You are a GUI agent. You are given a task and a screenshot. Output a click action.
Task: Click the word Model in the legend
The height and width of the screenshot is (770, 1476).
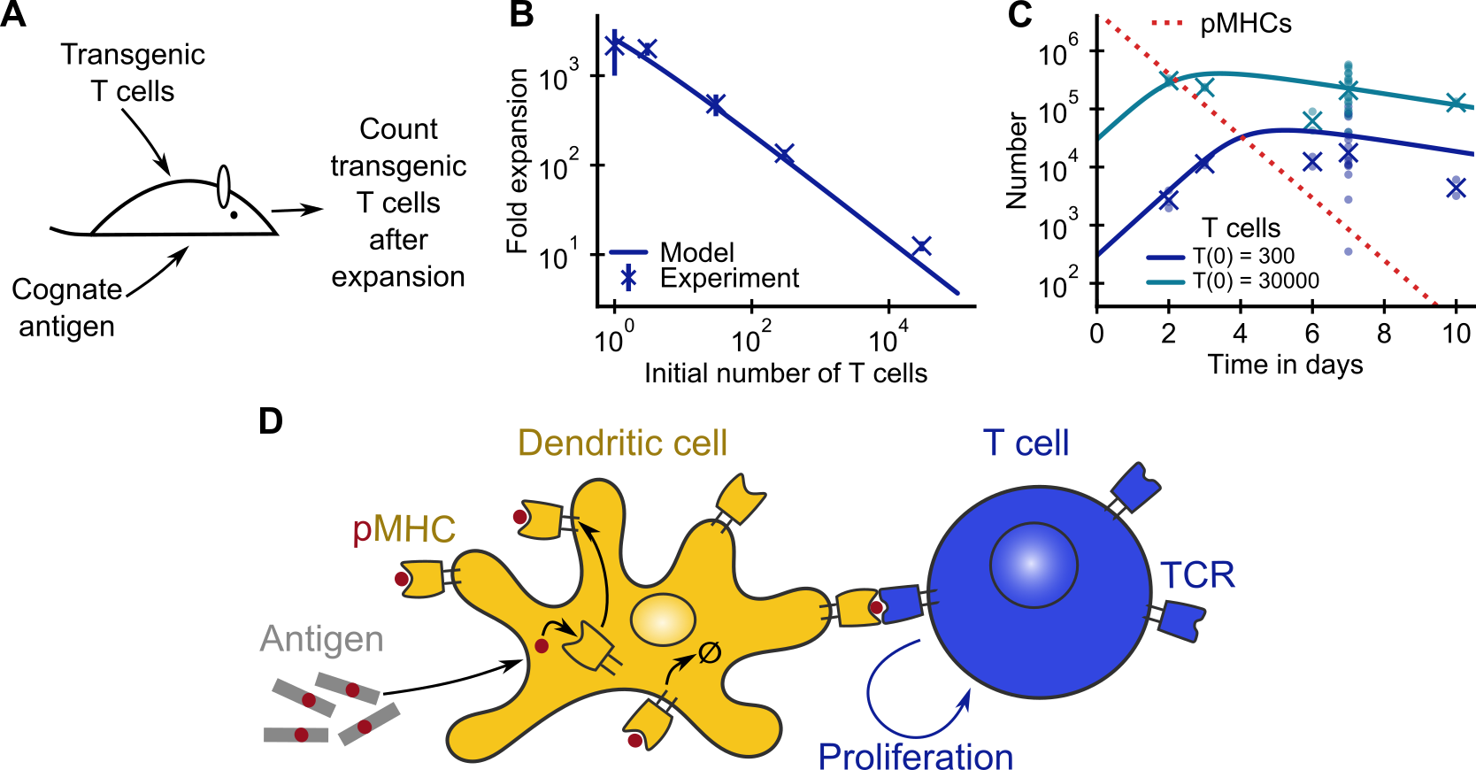(x=696, y=253)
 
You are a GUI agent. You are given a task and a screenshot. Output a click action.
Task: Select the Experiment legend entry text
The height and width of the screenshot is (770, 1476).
(x=729, y=279)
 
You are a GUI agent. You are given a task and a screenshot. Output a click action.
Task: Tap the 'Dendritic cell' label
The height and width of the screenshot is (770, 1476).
(x=622, y=443)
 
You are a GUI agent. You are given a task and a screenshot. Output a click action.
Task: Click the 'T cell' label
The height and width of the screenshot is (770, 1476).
(x=1026, y=443)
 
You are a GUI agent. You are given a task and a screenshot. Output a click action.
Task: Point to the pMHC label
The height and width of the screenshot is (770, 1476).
(x=404, y=529)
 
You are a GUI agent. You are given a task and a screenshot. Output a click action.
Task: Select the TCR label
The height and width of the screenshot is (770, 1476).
(x=1197, y=575)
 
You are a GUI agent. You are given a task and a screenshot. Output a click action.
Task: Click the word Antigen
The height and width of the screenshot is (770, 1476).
(x=321, y=639)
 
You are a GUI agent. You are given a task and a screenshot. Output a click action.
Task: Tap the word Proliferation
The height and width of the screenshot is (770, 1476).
(x=915, y=756)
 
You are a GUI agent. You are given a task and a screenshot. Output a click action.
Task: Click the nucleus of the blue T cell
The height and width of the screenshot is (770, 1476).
(x=1033, y=565)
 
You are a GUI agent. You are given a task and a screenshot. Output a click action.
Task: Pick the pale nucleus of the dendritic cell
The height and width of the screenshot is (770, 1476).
(x=663, y=619)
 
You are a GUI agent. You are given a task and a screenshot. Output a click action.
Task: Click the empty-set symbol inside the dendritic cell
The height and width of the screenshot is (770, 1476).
(x=710, y=653)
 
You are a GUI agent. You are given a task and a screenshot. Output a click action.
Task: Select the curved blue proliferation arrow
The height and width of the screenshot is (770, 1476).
(x=894, y=699)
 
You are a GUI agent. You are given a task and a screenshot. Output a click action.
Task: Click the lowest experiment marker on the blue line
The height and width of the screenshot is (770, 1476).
(x=921, y=246)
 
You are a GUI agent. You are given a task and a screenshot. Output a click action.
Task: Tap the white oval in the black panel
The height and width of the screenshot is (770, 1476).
(x=224, y=187)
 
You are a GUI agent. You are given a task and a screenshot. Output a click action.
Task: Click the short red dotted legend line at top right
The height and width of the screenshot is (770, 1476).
(x=1166, y=22)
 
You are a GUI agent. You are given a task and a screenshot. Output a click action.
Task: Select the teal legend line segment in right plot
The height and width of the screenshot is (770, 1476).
(x=1165, y=282)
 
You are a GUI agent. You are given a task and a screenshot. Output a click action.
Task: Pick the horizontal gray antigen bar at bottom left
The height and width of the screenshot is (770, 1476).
(x=296, y=735)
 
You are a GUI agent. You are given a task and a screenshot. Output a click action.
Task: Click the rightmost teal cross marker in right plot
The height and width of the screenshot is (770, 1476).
(x=1456, y=103)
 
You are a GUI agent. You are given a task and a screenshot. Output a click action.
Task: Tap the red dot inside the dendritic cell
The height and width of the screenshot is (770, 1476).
(x=542, y=646)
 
